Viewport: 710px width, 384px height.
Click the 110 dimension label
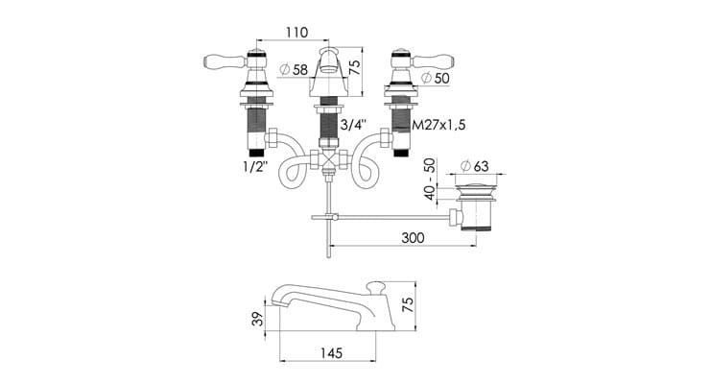click(297, 32)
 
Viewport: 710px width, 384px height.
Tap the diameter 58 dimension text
click(294, 69)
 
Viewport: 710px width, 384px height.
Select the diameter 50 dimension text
click(436, 78)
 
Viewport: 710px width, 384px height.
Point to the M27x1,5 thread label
click(438, 125)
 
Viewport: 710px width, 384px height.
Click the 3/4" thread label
click(353, 125)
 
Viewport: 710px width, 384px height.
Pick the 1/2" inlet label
click(255, 167)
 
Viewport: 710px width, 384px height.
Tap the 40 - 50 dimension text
click(429, 179)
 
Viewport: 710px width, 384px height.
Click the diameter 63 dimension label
click(475, 166)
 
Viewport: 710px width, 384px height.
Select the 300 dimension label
click(413, 237)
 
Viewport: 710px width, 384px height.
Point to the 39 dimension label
click(257, 319)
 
